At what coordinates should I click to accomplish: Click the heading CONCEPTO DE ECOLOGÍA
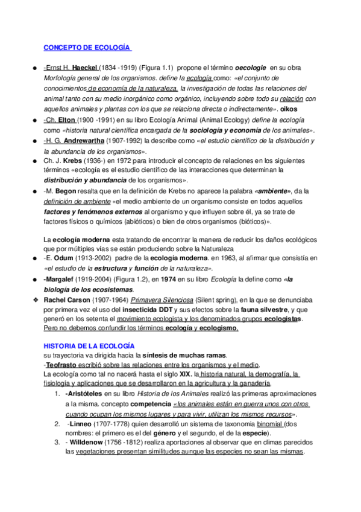[x=88, y=48]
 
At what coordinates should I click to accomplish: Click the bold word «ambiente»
[x=274, y=190]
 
